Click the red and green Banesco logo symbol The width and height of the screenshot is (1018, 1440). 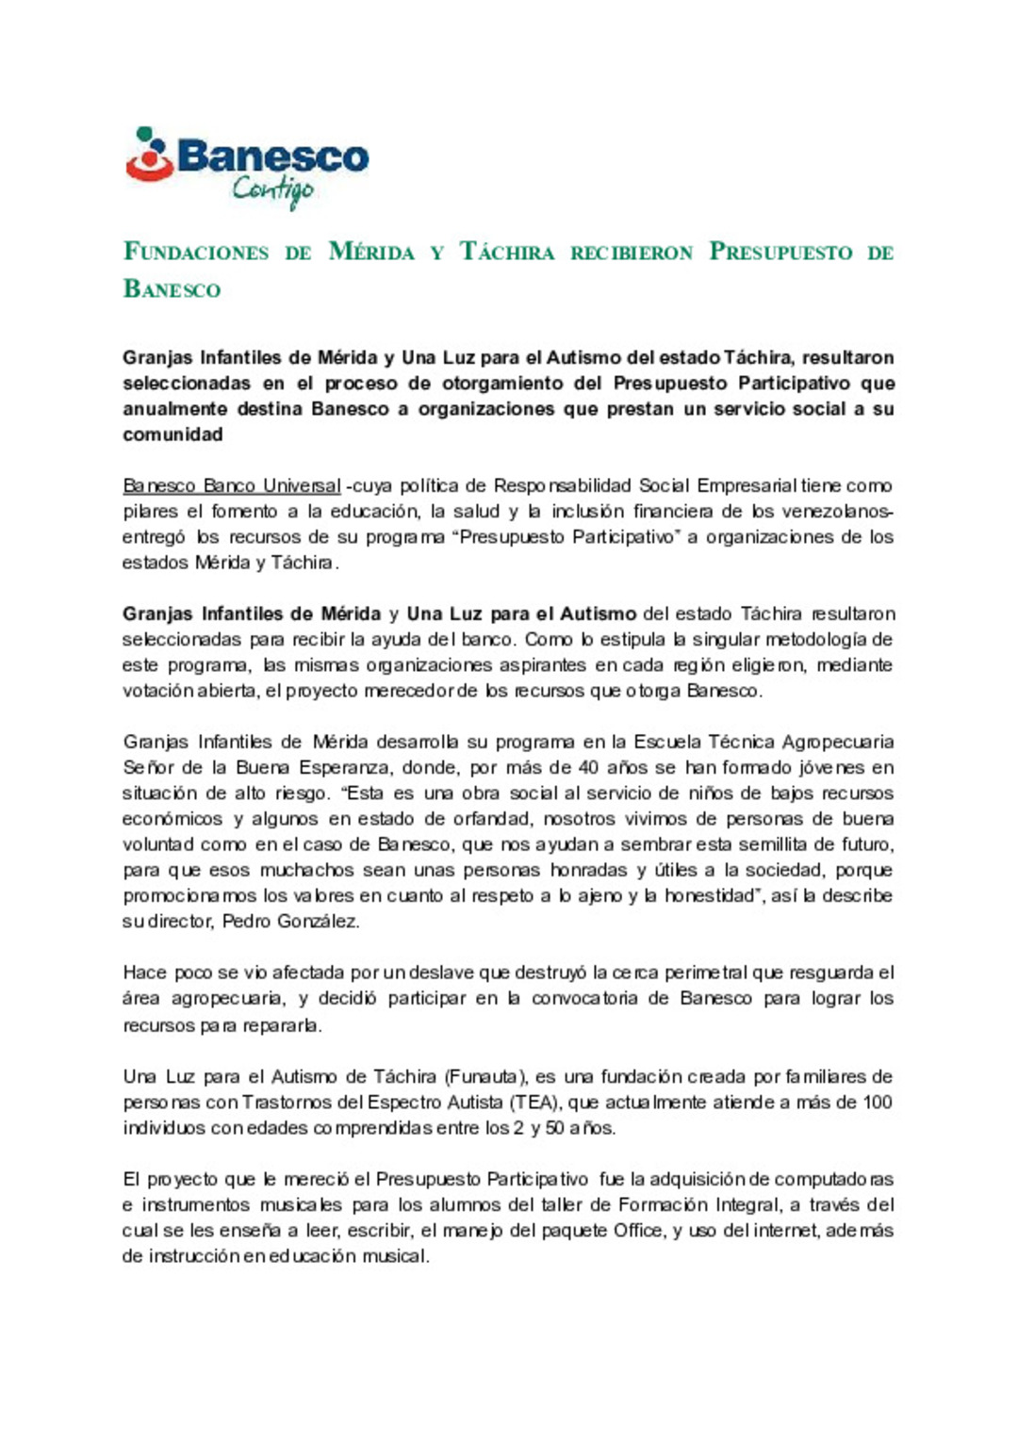pyautogui.click(x=149, y=155)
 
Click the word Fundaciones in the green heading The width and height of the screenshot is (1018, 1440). pyautogui.click(x=196, y=253)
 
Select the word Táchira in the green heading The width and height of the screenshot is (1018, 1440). pyautogui.click(x=507, y=253)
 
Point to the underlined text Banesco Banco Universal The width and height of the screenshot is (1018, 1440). pyautogui.click(x=232, y=486)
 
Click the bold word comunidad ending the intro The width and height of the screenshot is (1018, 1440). pyautogui.click(x=172, y=434)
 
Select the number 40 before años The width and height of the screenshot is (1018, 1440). pyautogui.click(x=588, y=768)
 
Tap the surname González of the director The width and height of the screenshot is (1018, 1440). pyautogui.click(x=318, y=922)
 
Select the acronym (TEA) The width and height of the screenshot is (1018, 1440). pyautogui.click(x=534, y=1102)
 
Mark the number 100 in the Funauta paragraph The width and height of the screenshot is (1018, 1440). pyautogui.click(x=877, y=1102)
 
